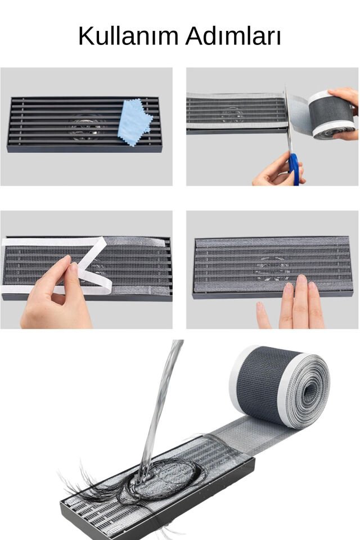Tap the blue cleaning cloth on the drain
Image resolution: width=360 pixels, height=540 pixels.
pos(134,121)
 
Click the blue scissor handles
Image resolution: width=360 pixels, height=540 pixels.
pos(294,169)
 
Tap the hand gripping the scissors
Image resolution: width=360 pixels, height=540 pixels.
pos(276,172)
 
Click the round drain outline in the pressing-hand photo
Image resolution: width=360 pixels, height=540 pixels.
pos(272,268)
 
